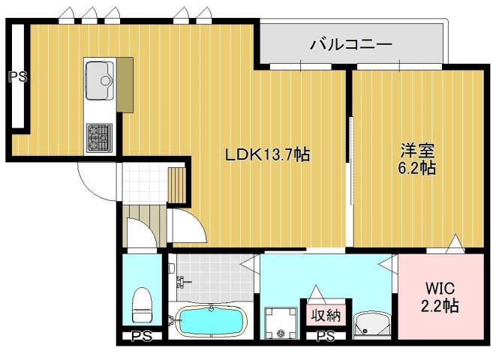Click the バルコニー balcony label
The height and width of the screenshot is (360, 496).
coord(351,45)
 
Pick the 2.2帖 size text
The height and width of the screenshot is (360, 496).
coord(440,307)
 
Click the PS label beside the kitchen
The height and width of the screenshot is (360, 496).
coord(17,76)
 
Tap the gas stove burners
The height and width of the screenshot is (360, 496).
coord(98,136)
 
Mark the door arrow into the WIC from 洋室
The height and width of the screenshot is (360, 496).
coord(455,244)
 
